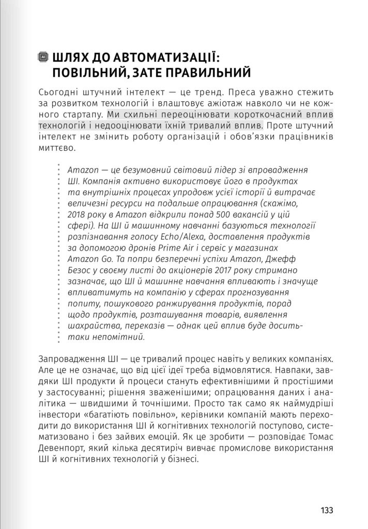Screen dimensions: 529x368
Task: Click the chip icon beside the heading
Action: (44, 57)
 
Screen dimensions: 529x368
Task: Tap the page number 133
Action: (327, 510)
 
